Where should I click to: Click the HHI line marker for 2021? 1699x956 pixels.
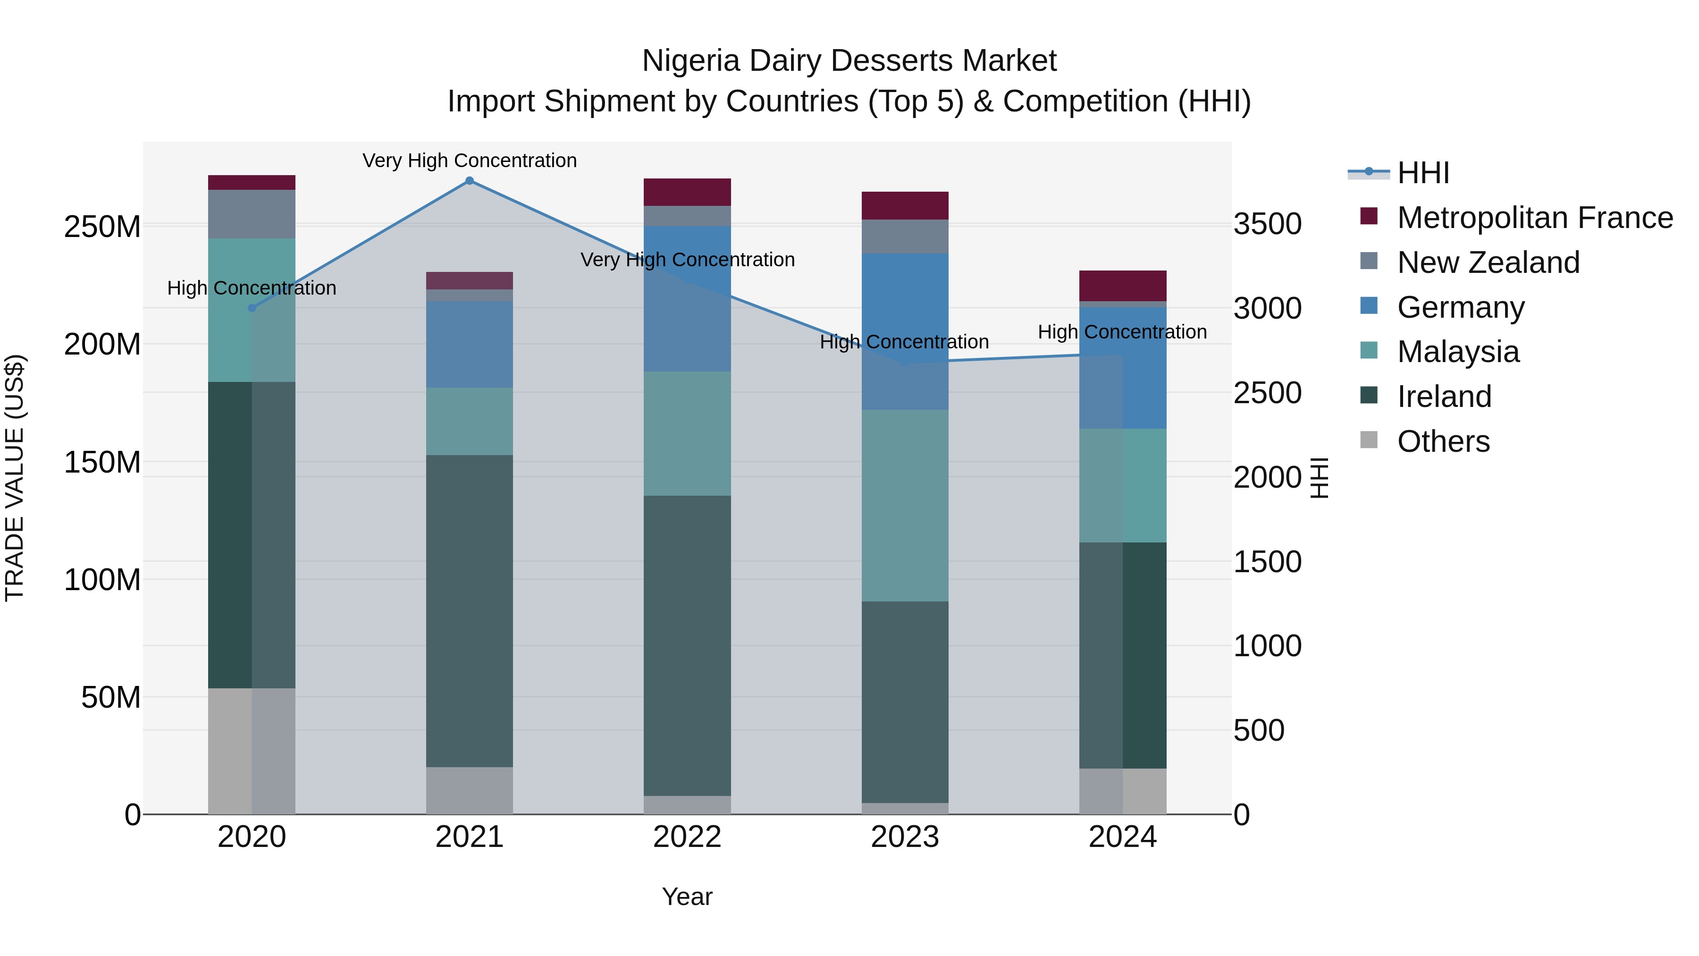pyautogui.click(x=470, y=181)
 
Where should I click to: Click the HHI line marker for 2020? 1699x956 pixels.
pyautogui.click(x=252, y=308)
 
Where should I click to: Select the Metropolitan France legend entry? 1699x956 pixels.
pyautogui.click(x=1534, y=218)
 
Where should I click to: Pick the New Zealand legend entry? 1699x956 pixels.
pyautogui.click(x=1488, y=262)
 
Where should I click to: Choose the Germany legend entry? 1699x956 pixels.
pyautogui.click(x=1460, y=307)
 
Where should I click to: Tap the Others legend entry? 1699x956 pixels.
pyautogui.click(x=1443, y=441)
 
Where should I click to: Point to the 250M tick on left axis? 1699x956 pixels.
pyautogui.click(x=102, y=227)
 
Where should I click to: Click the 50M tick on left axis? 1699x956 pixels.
pyautogui.click(x=111, y=697)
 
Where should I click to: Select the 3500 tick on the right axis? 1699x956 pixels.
pyautogui.click(x=1268, y=224)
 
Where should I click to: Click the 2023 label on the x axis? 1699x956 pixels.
pyautogui.click(x=905, y=837)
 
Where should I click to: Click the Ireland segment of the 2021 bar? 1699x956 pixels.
pyautogui.click(x=470, y=610)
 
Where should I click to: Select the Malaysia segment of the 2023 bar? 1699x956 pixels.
pyautogui.click(x=905, y=505)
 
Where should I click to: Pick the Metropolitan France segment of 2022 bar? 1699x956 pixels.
pyautogui.click(x=687, y=192)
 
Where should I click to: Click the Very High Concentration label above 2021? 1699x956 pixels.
pyautogui.click(x=470, y=161)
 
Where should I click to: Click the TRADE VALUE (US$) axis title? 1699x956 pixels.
pyautogui.click(x=15, y=478)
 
